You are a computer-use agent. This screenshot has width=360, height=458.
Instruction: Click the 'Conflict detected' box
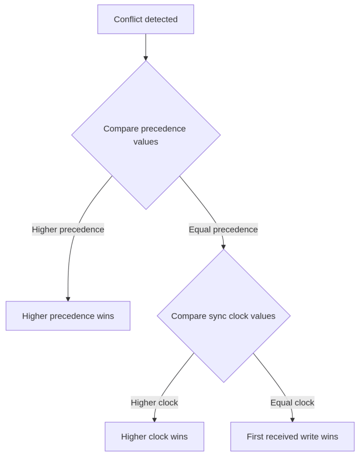click(145, 19)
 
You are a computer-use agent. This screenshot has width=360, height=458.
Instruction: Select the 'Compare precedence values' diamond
click(146, 135)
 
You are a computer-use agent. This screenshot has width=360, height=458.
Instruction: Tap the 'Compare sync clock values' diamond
click(223, 316)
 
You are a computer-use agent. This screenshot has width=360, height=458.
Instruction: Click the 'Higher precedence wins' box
click(68, 316)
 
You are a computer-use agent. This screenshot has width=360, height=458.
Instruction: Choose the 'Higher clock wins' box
click(154, 437)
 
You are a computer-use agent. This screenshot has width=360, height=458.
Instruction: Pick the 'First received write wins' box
click(292, 437)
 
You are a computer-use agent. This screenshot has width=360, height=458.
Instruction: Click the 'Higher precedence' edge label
click(68, 229)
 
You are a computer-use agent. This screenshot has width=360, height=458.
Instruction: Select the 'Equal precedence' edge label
click(223, 229)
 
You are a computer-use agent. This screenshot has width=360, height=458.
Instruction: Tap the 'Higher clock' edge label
click(154, 403)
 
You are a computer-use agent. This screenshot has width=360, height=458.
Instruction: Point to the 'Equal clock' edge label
click(292, 403)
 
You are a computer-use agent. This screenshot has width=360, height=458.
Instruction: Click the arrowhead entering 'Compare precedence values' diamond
click(146, 58)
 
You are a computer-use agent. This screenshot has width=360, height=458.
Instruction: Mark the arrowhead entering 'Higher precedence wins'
click(68, 299)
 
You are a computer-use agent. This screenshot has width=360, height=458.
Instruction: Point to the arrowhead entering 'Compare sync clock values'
click(223, 246)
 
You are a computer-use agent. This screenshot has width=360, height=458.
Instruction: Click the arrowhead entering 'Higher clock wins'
click(154, 420)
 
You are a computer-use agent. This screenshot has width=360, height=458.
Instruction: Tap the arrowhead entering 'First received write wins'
click(292, 420)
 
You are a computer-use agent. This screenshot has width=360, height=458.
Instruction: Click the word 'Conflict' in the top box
click(128, 19)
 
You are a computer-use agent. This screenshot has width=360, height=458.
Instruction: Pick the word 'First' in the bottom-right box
click(256, 437)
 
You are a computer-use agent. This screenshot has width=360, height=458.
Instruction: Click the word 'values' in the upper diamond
click(146, 142)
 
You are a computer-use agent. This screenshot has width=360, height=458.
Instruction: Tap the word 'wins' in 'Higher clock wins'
click(179, 437)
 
